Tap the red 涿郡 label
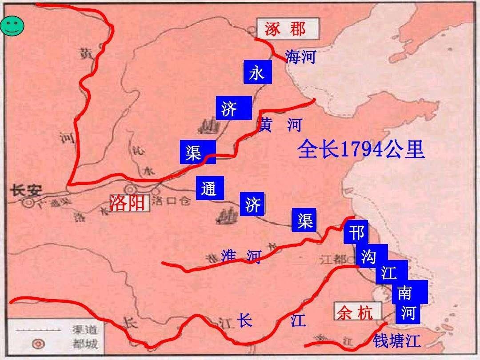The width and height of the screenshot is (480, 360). coord(285,29)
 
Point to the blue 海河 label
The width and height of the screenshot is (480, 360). coord(300,56)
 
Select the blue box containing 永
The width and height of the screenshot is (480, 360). coord(257,72)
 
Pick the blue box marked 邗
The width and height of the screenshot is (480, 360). coord(356,233)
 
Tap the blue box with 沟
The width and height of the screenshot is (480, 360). coord(368,256)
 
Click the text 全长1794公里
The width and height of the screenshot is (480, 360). coord(361,149)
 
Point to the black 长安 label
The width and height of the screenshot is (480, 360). coord(26,191)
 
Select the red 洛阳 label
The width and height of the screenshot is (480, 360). coord(128,203)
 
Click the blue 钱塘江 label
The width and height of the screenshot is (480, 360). coord(396,340)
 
